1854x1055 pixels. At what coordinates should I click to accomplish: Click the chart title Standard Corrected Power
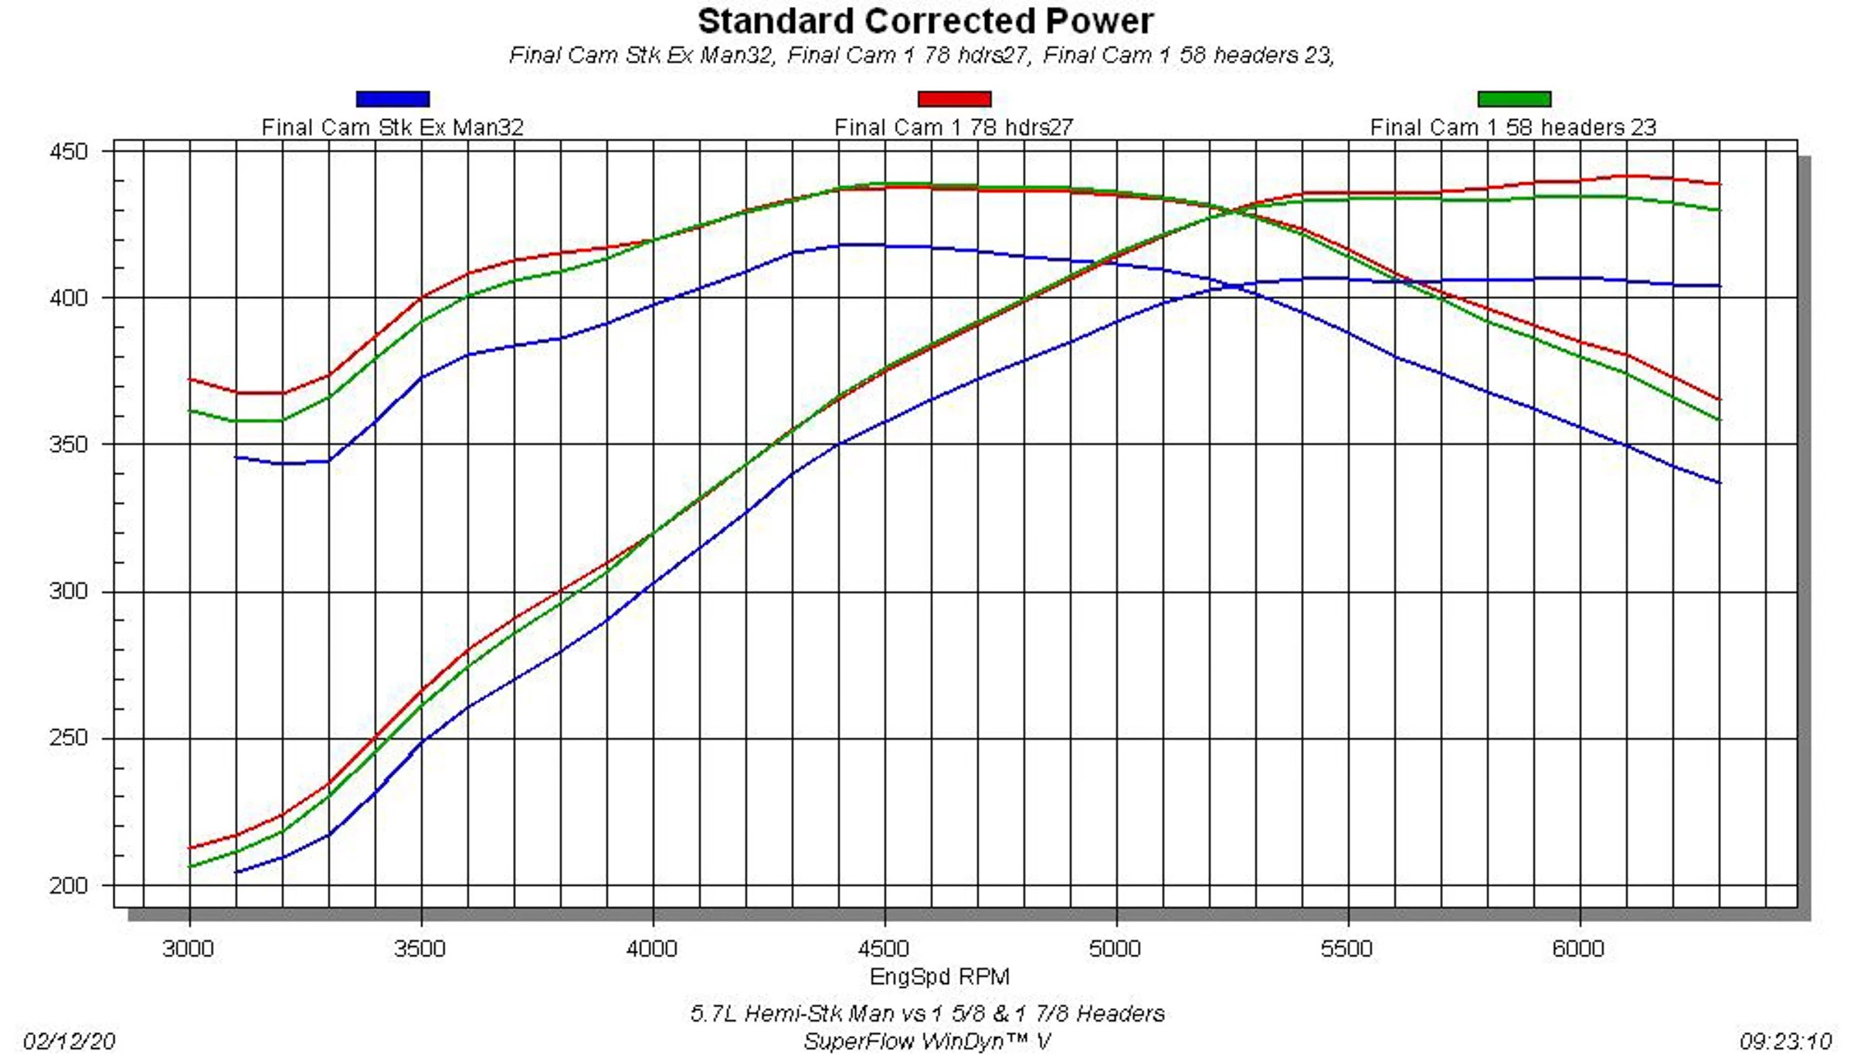pyautogui.click(x=925, y=22)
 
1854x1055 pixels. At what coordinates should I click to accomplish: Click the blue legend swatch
pyautogui.click(x=392, y=99)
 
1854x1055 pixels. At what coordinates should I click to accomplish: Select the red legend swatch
pyautogui.click(x=954, y=99)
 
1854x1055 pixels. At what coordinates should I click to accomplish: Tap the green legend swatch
pyautogui.click(x=1514, y=99)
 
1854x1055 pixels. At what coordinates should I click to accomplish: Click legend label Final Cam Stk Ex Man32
pyautogui.click(x=392, y=127)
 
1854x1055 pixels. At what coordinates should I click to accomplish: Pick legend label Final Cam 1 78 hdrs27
pyautogui.click(x=954, y=127)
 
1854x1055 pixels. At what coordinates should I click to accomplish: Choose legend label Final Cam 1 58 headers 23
pyautogui.click(x=1513, y=127)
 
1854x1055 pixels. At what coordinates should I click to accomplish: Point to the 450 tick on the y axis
pyautogui.click(x=69, y=151)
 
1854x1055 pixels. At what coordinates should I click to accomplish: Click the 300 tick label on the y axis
pyautogui.click(x=69, y=592)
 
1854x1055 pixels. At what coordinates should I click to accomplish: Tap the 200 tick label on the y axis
pyautogui.click(x=69, y=885)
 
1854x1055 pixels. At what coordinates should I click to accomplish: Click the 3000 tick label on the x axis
pyautogui.click(x=188, y=948)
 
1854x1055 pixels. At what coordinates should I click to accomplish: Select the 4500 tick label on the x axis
pyautogui.click(x=884, y=948)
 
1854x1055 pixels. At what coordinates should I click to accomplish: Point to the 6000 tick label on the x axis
pyautogui.click(x=1578, y=948)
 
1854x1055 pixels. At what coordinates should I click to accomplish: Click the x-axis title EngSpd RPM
pyautogui.click(x=939, y=977)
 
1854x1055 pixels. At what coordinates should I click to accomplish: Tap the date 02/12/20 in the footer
pyautogui.click(x=70, y=1041)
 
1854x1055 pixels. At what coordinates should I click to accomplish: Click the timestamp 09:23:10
pyautogui.click(x=1785, y=1041)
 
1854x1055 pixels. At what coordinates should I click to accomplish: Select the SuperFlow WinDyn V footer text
pyautogui.click(x=927, y=1042)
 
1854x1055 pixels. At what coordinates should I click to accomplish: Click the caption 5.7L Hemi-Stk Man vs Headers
pyautogui.click(x=927, y=1013)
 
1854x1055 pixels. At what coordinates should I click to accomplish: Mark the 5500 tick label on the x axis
pyautogui.click(x=1346, y=948)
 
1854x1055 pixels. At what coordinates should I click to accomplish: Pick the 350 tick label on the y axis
pyautogui.click(x=69, y=445)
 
